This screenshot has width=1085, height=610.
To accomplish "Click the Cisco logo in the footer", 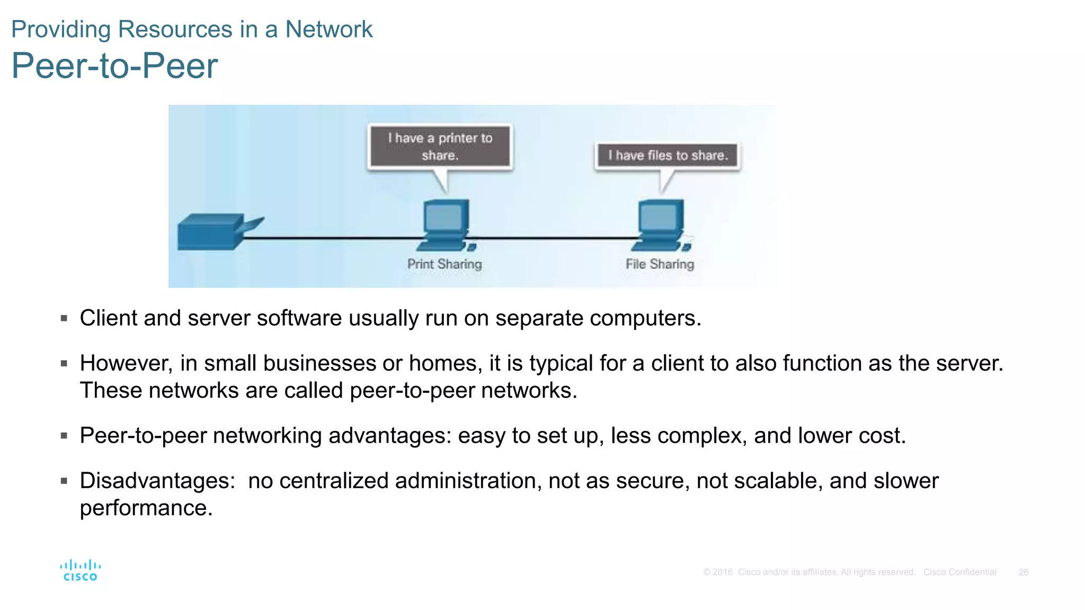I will coord(80,571).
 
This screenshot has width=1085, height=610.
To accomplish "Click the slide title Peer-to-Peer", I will coord(114,66).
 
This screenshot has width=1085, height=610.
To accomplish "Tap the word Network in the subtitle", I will coord(328,29).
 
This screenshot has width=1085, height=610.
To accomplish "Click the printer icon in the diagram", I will coord(215,231).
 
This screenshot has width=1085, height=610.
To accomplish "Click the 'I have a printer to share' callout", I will coord(440,147).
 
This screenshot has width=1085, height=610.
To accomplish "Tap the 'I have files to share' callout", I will coord(668,156).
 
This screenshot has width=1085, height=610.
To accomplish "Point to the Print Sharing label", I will coord(444,264).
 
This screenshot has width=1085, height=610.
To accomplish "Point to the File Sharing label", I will coord(660,264).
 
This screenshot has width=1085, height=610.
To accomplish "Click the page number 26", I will coord(1023,572).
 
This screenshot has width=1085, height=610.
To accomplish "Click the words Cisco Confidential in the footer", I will coord(959,572).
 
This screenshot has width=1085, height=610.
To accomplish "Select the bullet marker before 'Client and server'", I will coord(64,318).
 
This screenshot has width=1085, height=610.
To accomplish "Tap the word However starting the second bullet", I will coord(126,363).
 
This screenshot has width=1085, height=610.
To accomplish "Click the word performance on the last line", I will coord(146,508).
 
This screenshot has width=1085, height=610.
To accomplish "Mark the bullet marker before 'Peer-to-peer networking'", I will coord(64,436).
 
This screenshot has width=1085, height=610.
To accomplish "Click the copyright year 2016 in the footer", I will coord(722,572).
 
